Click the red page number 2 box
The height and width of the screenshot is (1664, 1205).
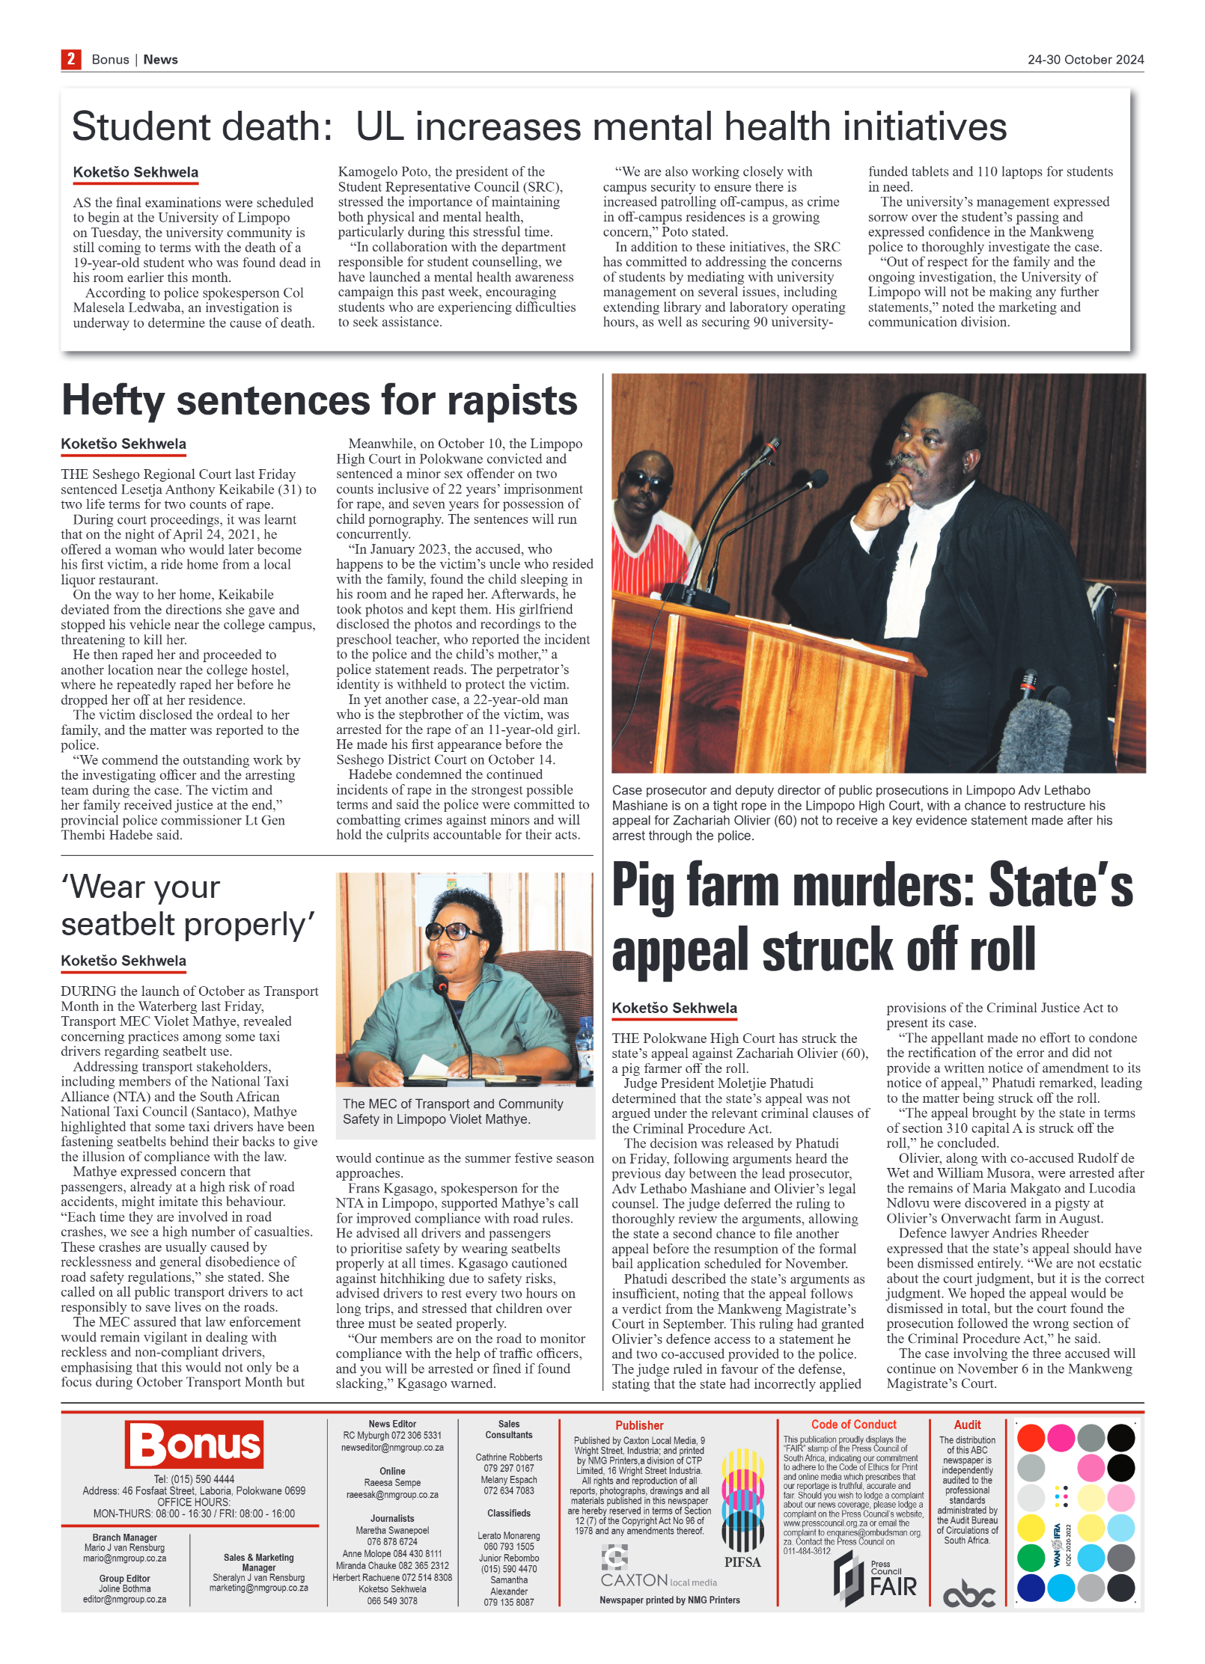(70, 59)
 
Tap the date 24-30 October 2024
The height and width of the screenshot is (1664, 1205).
(1084, 60)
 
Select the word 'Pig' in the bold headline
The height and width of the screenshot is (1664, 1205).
(643, 887)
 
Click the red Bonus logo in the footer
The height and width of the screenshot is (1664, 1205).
(195, 1444)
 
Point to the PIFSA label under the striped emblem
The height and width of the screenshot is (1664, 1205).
(742, 1562)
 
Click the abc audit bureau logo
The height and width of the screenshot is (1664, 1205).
(968, 1595)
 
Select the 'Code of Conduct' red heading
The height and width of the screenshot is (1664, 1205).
(853, 1425)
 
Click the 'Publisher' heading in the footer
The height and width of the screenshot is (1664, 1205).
(639, 1425)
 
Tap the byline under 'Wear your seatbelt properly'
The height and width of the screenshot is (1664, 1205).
(123, 961)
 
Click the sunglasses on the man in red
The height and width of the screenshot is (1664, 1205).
(649, 481)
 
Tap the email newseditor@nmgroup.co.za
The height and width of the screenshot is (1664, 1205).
(392, 1448)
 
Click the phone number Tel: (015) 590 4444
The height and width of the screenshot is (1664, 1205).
(194, 1479)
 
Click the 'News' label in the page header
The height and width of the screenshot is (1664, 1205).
(160, 60)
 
